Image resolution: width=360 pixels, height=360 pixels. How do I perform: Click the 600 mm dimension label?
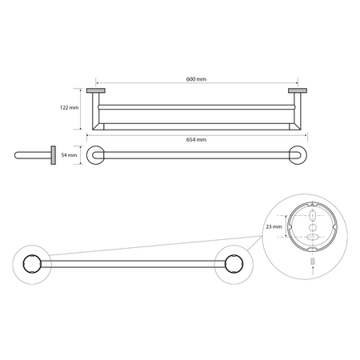pyautogui.click(x=196, y=79)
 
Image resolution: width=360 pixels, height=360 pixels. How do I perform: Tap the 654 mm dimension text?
pyautogui.click(x=196, y=140)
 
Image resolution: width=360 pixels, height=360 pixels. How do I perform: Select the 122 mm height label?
pyautogui.click(x=70, y=108)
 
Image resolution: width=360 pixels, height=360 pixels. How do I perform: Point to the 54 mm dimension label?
pyautogui.click(x=69, y=155)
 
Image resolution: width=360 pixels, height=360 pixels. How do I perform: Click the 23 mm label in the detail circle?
pyautogui.click(x=274, y=227)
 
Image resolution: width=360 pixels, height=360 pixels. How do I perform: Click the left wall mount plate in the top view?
pyautogui.click(x=96, y=90)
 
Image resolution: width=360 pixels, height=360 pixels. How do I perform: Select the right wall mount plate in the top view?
pyautogui.click(x=298, y=90)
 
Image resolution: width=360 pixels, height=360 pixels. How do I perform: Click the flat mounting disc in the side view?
pyautogui.click(x=54, y=155)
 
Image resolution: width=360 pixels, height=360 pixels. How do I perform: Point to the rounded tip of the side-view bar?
pyautogui.click(x=16, y=155)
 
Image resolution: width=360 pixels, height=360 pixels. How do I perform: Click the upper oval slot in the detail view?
pyautogui.click(x=313, y=215)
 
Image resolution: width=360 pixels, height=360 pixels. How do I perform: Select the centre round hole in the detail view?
pyautogui.click(x=313, y=227)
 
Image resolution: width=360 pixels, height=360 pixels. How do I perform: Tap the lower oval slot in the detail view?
pyautogui.click(x=313, y=237)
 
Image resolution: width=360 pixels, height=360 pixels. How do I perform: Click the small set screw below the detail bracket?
pyautogui.click(x=313, y=261)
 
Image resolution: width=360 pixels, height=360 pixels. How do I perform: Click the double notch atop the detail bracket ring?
pyautogui.click(x=313, y=206)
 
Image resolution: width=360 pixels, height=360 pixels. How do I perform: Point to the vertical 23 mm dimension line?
pyautogui.click(x=286, y=226)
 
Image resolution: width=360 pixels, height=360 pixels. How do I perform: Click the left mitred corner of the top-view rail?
pyautogui.click(x=98, y=126)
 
